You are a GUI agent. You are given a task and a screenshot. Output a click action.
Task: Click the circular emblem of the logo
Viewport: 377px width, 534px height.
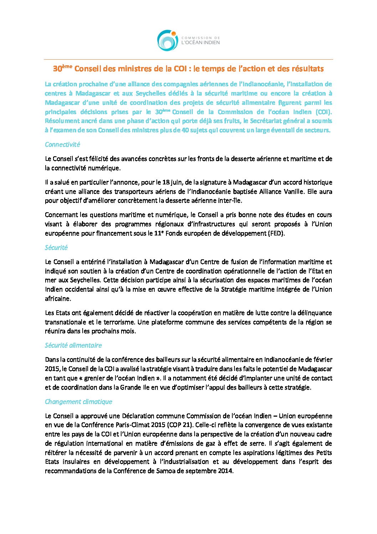click(167, 40)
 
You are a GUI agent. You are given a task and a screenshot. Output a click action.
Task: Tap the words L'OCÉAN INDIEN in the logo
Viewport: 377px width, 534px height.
click(201, 42)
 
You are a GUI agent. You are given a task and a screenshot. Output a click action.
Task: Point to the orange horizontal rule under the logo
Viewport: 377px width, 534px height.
click(188, 59)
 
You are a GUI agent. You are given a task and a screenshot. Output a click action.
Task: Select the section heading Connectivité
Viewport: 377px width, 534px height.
click(62, 144)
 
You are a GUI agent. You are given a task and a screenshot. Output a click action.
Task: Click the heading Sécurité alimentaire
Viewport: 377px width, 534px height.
click(73, 345)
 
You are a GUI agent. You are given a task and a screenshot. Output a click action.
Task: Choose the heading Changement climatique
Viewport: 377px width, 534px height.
click(78, 402)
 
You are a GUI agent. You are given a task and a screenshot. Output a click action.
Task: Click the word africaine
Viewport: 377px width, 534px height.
click(58, 299)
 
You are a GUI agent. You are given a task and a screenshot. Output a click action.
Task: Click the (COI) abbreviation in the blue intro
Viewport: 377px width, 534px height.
click(324, 112)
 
